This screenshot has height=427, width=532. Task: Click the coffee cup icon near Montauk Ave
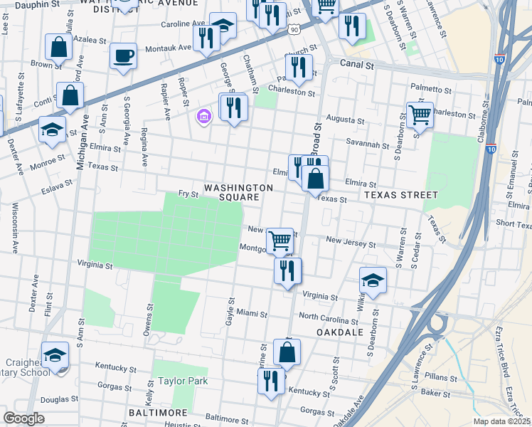[124, 56]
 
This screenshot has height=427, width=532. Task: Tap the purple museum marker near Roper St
[203, 116]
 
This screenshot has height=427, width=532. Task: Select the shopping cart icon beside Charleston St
[420, 114]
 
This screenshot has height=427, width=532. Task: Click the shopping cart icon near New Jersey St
[280, 240]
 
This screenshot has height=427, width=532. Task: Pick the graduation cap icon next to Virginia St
[373, 280]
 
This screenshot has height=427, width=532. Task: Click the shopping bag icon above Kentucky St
[287, 352]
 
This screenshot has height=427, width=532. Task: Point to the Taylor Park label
[183, 381]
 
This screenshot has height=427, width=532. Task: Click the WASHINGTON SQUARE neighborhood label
[238, 192]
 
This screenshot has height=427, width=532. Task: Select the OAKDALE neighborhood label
[341, 332]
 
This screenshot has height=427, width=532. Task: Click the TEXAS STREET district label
[400, 194]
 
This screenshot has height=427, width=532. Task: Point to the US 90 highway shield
[294, 28]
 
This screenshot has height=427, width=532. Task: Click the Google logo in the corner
[24, 418]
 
